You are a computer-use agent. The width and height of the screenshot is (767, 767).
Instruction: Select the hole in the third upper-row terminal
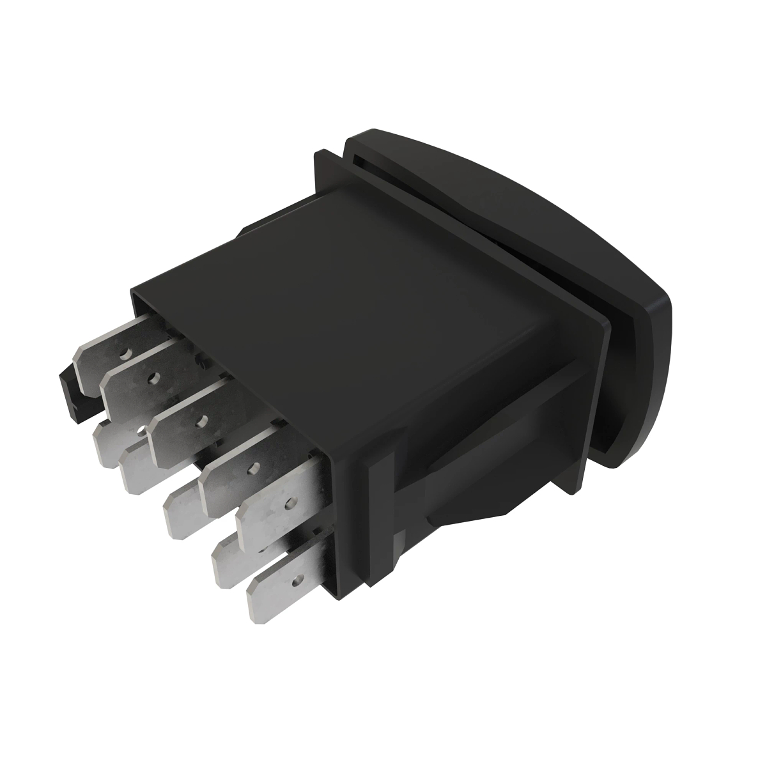tap(203, 420)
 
